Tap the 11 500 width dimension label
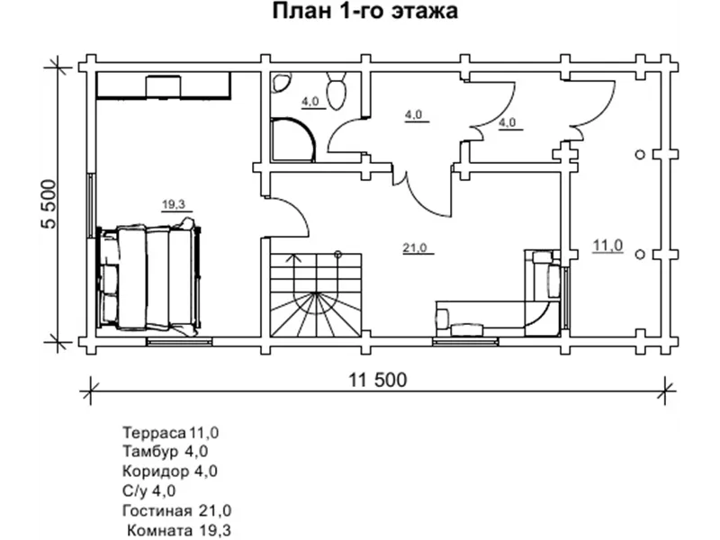[373, 378]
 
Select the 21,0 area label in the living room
[414, 247]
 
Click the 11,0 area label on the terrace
[607, 245]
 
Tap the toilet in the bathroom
[337, 93]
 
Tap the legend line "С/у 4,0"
[148, 490]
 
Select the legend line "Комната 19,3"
[179, 530]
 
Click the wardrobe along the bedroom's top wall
[163, 85]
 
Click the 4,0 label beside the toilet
[311, 101]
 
